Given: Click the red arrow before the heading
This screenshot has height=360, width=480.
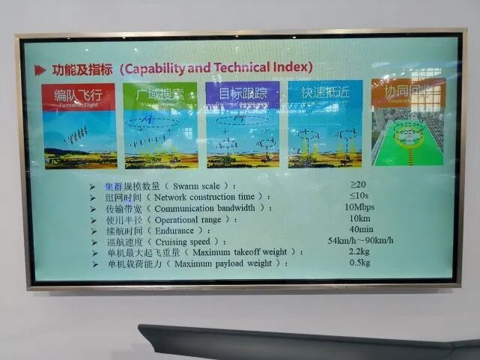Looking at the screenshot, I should pyautogui.click(x=40, y=70).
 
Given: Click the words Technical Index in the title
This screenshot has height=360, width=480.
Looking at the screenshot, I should pyautogui.click(x=262, y=67).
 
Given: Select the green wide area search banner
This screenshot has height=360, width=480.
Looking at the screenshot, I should pyautogui.click(x=160, y=95).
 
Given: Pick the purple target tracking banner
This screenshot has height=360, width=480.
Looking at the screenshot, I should pyautogui.click(x=243, y=95).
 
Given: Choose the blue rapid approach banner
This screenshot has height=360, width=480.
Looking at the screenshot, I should pyautogui.click(x=325, y=94).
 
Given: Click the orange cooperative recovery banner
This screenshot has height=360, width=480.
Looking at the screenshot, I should pyautogui.click(x=408, y=92).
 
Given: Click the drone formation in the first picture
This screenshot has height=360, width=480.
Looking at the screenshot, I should pyautogui.click(x=76, y=135).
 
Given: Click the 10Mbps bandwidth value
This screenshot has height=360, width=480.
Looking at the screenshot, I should pyautogui.click(x=359, y=207).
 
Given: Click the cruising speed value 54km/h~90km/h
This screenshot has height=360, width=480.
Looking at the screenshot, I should pyautogui.click(x=361, y=240).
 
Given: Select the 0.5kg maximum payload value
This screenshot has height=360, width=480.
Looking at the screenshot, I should pyautogui.click(x=360, y=263).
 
